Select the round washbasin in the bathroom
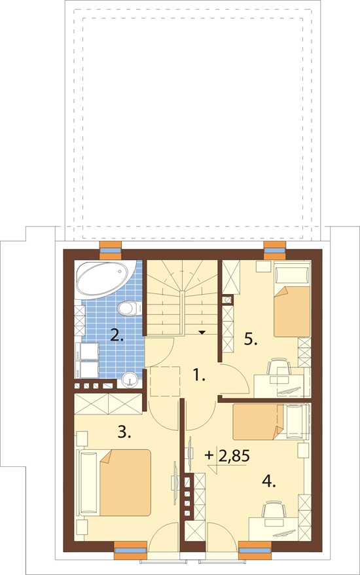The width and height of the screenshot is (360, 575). [x=129, y=379]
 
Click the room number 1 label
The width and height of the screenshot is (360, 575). [x=198, y=375]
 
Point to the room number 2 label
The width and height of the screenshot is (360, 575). [x=117, y=335]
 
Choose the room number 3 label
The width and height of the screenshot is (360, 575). [x=124, y=432]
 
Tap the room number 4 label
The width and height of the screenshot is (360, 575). [x=269, y=481]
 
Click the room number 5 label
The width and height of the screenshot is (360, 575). [x=251, y=340]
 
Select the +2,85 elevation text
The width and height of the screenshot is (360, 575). [x=227, y=456]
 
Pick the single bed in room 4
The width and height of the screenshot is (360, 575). [x=270, y=421]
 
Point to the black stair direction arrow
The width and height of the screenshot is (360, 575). [x=202, y=332]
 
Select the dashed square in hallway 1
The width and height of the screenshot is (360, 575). [x=165, y=381]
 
